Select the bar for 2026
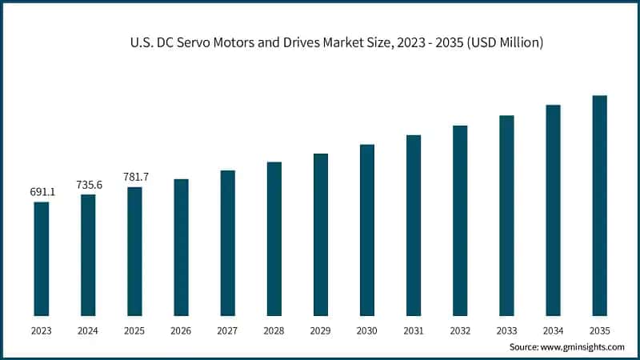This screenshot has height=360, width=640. pos(182,247)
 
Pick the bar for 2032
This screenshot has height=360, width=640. pos(460,220)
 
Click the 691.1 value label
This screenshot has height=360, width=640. pos(42,192)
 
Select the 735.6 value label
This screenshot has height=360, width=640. pos(89,185)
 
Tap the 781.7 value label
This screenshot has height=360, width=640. pos(135,177)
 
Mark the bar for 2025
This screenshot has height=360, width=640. pos(135,251)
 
